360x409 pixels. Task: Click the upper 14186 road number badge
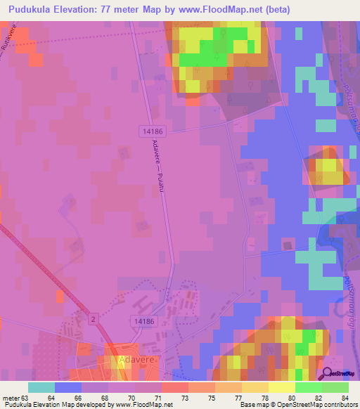tap(148, 131)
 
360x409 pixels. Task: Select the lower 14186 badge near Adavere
tap(141, 320)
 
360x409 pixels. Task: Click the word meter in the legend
tap(11, 398)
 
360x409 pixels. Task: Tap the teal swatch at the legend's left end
tap(41, 387)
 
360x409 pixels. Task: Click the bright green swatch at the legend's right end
tap(335, 387)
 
